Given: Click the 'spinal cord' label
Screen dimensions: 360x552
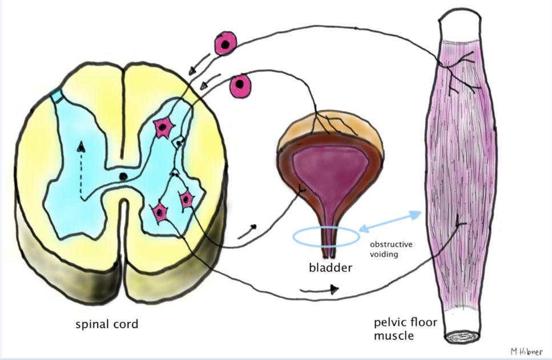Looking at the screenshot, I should click(107, 325).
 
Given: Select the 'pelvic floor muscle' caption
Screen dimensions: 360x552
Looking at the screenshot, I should click(405, 329).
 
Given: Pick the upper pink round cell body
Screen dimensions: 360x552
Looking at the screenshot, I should click(225, 44).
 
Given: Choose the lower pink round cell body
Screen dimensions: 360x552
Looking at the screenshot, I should click(240, 86).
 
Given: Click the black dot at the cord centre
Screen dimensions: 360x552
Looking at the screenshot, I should click(123, 177).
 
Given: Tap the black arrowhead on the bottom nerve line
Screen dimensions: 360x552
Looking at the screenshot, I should click(334, 290).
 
